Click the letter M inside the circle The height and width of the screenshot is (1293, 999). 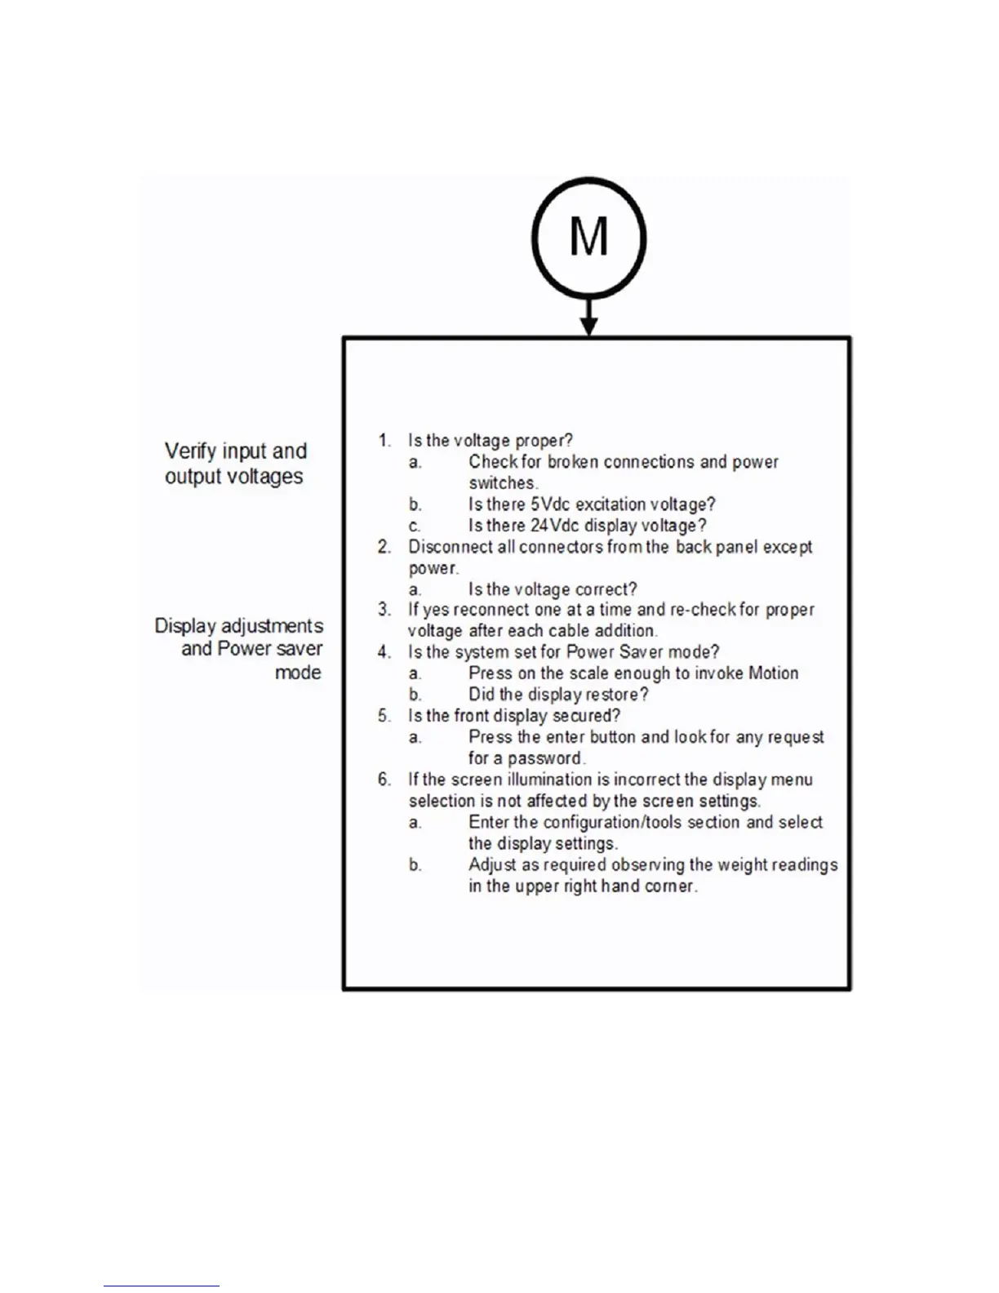tap(588, 238)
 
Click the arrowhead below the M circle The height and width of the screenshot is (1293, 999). tap(588, 326)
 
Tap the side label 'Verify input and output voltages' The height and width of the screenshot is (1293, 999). tap(235, 464)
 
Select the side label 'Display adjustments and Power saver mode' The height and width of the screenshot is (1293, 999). tap(239, 649)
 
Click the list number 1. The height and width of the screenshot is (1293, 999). tap(384, 441)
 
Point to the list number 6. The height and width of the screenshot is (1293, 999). tap(384, 780)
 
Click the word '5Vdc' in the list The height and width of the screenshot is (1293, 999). tap(550, 504)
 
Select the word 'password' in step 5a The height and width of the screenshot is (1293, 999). tap(544, 758)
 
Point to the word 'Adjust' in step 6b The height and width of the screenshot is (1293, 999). tap(492, 864)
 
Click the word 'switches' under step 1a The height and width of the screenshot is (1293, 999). tap(502, 483)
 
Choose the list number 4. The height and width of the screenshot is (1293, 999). tap(384, 652)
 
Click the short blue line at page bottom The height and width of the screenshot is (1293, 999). tap(161, 1286)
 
